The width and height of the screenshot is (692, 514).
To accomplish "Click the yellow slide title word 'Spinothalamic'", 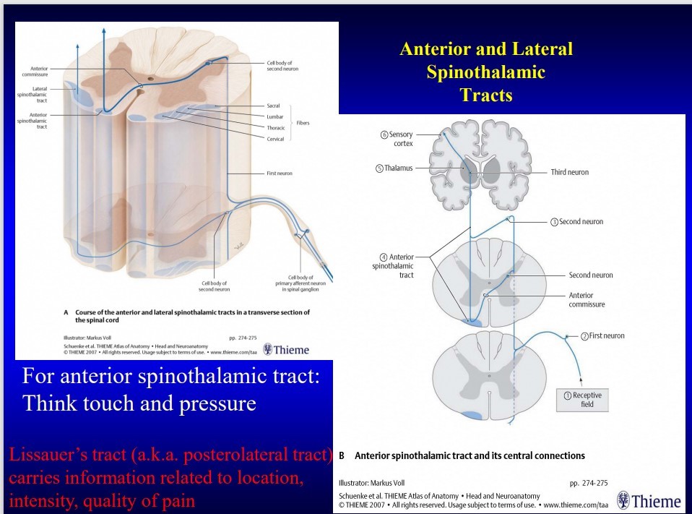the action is point(485,72).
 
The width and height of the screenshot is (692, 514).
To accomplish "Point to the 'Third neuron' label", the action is point(569,172).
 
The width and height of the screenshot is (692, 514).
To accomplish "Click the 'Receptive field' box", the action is point(587,400).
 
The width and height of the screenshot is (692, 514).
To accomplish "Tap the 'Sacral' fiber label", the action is point(273,106).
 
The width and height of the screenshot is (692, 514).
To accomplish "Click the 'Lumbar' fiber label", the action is point(274,116).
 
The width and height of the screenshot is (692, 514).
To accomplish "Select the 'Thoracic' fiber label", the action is point(276,127).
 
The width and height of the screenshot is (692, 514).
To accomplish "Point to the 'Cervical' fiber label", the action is point(275,139).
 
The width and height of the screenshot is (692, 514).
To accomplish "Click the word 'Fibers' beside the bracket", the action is point(303,123).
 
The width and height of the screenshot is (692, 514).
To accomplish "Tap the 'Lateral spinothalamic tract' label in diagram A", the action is point(35,93).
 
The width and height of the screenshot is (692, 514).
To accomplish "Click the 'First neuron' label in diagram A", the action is point(279,174).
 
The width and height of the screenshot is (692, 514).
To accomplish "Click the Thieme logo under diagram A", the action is point(286,350).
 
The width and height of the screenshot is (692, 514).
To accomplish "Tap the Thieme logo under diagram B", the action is point(649,500).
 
